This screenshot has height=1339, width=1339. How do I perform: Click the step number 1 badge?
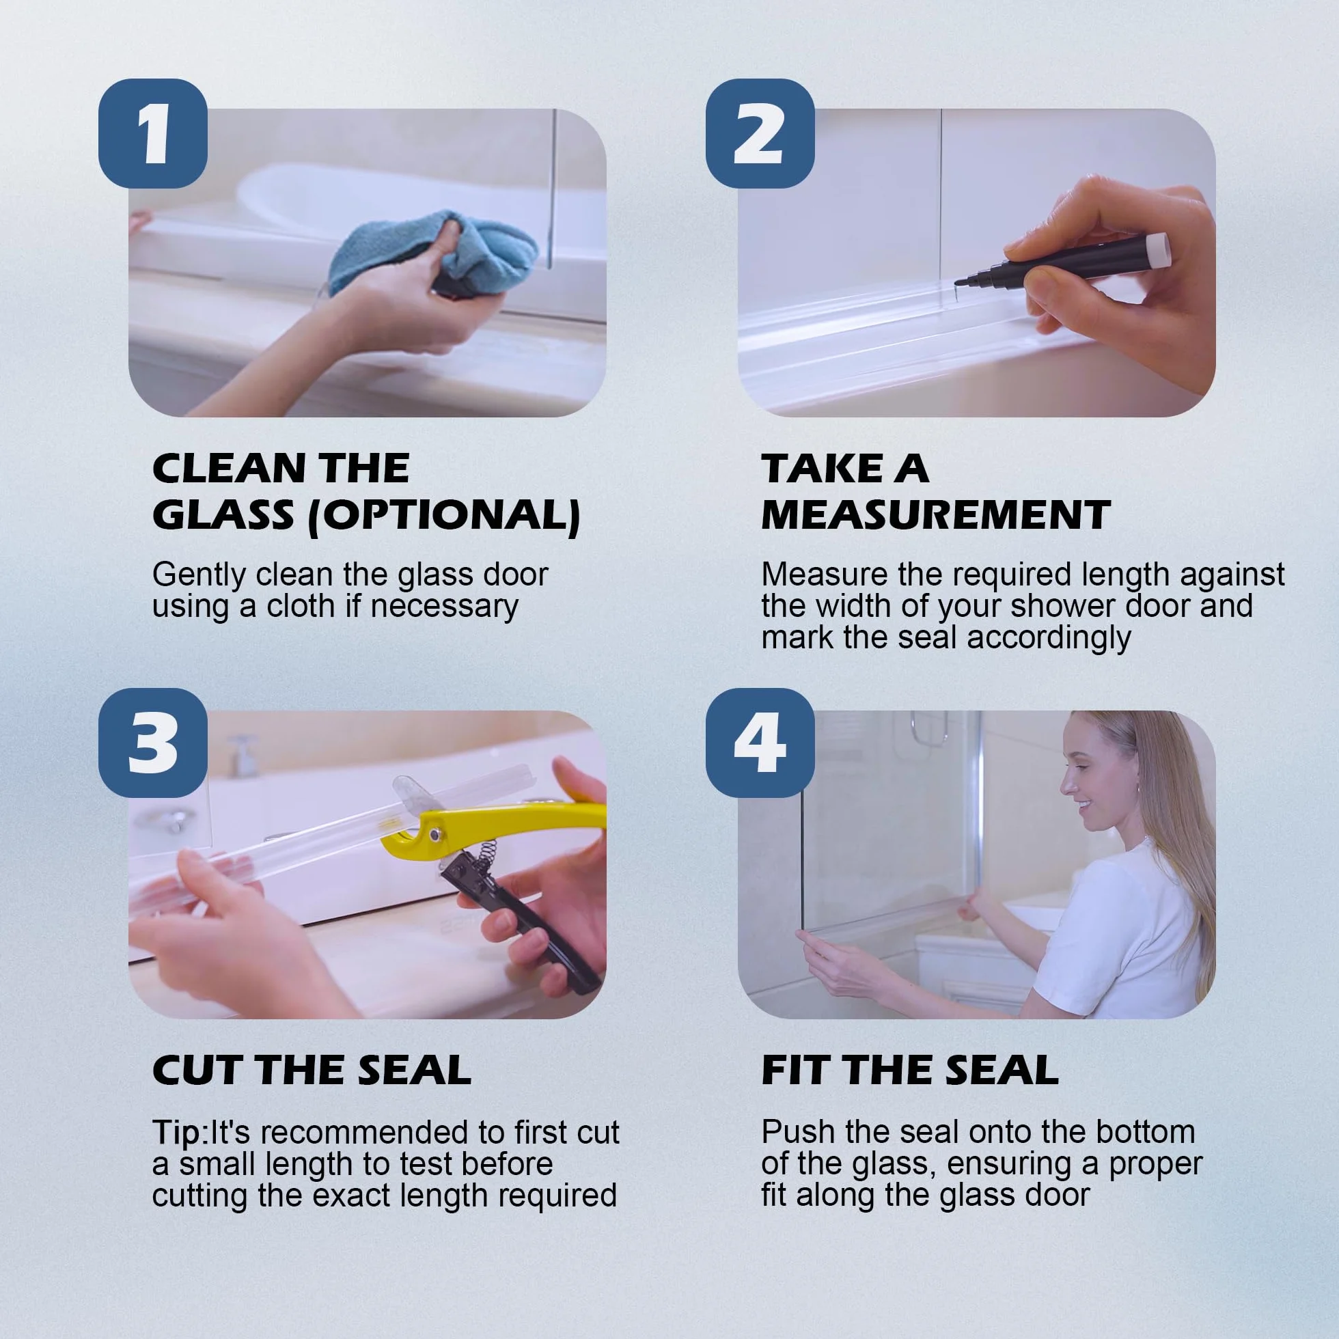click(152, 133)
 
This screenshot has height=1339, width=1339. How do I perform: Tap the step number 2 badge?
click(760, 133)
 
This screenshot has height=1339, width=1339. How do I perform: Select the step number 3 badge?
click(152, 743)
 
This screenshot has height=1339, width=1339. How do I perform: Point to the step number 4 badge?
click(760, 743)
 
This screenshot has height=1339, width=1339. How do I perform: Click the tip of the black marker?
click(957, 283)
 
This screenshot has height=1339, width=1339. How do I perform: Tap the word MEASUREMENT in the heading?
click(936, 515)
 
